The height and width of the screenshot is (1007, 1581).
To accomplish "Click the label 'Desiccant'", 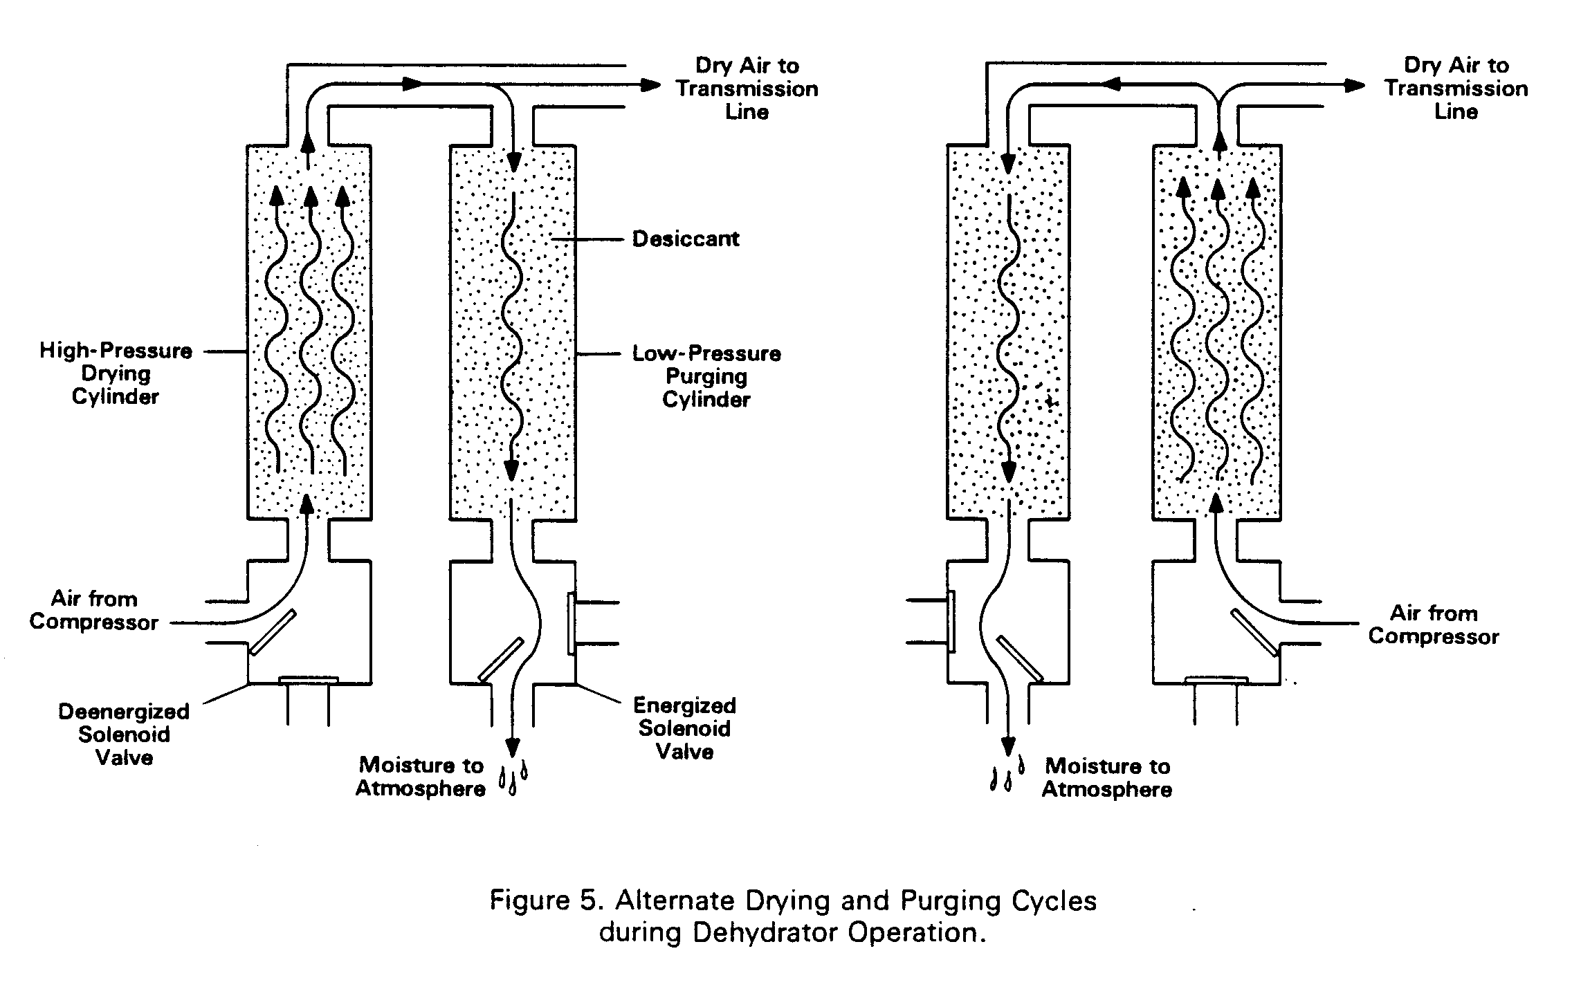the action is pos(686,239).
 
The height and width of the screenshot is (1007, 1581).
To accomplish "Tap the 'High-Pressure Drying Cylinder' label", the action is pos(116,373).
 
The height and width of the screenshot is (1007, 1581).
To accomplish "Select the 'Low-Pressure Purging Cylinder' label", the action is pos(706,376).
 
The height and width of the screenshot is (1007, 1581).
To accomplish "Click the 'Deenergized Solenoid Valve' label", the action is pos(124,735).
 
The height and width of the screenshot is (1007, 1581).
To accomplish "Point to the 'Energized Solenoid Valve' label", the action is pos(684,728).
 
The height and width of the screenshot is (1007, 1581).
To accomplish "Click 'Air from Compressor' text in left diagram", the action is pos(94,611).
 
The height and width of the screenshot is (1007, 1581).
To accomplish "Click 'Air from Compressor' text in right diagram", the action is pos(1434,625).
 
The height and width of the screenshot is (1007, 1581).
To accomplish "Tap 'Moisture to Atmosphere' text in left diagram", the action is pos(421,777).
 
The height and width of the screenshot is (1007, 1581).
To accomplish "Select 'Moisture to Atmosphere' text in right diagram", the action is pos(1107,778).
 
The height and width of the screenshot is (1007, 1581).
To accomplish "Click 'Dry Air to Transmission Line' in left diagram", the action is pos(747,89).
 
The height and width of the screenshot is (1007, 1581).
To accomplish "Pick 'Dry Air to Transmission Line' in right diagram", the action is pos(1456,89).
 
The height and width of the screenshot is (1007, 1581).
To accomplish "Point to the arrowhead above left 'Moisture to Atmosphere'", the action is pos(512,747).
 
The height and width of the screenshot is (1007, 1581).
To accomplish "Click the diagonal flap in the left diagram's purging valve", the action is pos(501,659).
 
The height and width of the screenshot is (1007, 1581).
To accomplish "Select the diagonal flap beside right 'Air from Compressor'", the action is pos(1255,631).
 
